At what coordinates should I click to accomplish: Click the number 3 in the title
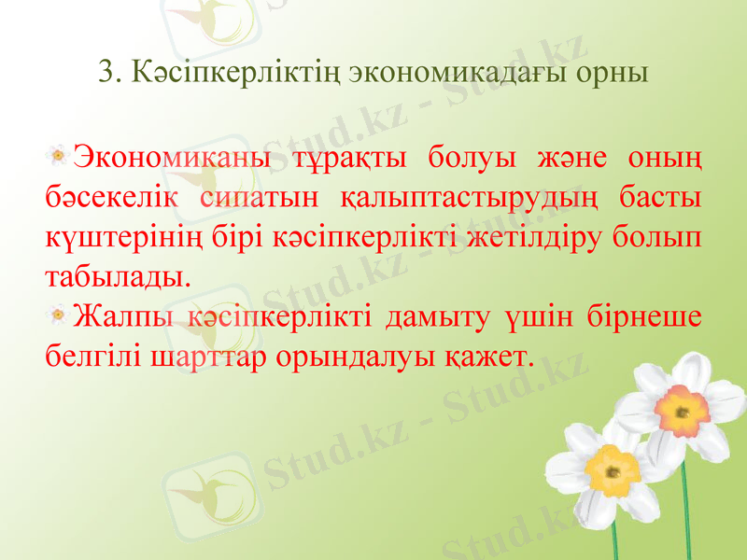(x=106, y=72)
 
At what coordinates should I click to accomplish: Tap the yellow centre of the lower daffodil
(x=613, y=468)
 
